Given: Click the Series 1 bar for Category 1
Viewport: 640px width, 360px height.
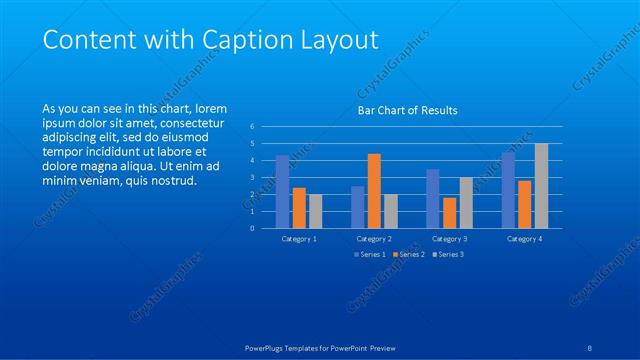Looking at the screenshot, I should coord(283,191).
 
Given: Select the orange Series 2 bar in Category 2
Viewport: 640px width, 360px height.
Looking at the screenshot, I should coord(374,191).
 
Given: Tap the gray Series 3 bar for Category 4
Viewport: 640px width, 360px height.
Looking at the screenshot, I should coord(541,186).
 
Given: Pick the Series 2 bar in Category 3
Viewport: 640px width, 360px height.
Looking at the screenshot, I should coord(449,212).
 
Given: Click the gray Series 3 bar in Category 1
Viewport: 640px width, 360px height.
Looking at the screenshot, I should coord(316,211).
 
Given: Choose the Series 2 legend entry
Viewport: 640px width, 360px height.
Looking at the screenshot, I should coord(410,254).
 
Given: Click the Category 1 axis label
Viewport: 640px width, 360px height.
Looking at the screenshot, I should coord(299,239).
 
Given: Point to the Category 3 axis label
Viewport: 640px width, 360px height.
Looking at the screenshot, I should coord(449,239).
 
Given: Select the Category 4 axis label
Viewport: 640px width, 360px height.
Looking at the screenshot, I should coord(524,239).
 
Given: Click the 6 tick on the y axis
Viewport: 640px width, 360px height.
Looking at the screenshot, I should coord(253,127).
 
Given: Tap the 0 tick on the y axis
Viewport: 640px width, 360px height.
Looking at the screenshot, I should coord(253,228).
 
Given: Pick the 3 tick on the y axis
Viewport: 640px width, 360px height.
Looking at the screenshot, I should coord(253,178).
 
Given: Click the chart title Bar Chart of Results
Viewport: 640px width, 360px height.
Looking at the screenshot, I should coord(407,110).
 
